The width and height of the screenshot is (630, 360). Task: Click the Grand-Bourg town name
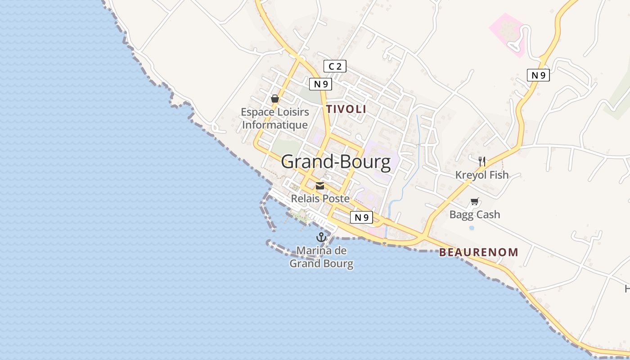click(336, 162)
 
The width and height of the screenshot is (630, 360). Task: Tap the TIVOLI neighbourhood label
click(346, 109)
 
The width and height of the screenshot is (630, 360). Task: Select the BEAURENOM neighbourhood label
click(479, 252)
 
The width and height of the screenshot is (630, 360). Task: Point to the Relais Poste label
click(320, 198)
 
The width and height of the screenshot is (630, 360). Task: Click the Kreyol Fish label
click(481, 175)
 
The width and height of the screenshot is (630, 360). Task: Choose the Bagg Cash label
click(475, 214)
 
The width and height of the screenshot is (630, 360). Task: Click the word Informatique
click(275, 125)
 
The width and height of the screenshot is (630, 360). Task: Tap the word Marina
click(315, 251)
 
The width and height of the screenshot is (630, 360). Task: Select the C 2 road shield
click(335, 67)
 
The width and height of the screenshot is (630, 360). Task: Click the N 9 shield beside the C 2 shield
click(320, 84)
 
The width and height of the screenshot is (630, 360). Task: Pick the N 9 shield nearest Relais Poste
click(361, 218)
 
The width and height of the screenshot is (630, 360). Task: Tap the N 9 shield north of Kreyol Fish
click(538, 75)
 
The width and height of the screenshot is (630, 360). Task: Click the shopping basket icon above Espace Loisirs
click(275, 99)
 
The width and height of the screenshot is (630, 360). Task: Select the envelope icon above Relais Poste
click(320, 186)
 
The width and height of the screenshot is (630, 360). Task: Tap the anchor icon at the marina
click(321, 237)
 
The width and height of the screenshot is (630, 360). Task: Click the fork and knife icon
click(481, 161)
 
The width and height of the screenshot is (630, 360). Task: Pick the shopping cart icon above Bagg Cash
click(475, 201)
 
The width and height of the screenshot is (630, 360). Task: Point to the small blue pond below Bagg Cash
click(472, 228)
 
